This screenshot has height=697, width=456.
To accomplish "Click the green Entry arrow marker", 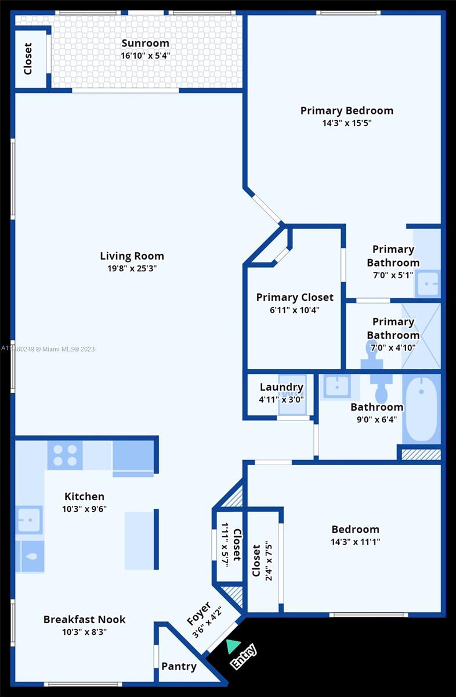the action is coord(233,646).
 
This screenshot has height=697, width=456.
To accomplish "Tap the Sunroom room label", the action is coord(146,43).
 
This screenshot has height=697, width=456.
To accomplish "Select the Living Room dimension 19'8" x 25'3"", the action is coord(132,268).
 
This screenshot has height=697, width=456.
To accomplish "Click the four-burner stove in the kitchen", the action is coord(65,455).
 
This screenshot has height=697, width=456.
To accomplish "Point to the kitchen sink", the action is coord(29,520).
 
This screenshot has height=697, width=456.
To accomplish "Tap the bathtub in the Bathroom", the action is coord(422,408).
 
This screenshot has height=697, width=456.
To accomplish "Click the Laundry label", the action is coord(281,387).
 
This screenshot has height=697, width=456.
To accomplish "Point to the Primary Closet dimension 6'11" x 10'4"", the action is coord(295,310).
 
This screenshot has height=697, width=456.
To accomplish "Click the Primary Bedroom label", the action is coord(347,110).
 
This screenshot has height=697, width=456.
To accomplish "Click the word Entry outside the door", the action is coord(244,656).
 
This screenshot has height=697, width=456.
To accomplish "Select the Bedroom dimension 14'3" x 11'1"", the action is coord(355,542).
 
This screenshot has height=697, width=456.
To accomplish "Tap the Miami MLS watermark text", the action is coord(48,349).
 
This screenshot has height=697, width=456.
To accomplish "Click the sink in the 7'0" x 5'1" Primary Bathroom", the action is coord(428,283).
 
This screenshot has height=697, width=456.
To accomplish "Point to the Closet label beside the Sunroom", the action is coord(28,59).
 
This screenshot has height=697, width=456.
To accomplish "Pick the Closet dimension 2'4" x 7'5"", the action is coord(269,563).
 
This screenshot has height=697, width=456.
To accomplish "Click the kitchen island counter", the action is coord(139,541).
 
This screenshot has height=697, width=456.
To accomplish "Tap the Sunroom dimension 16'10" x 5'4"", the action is coord(146,56).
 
